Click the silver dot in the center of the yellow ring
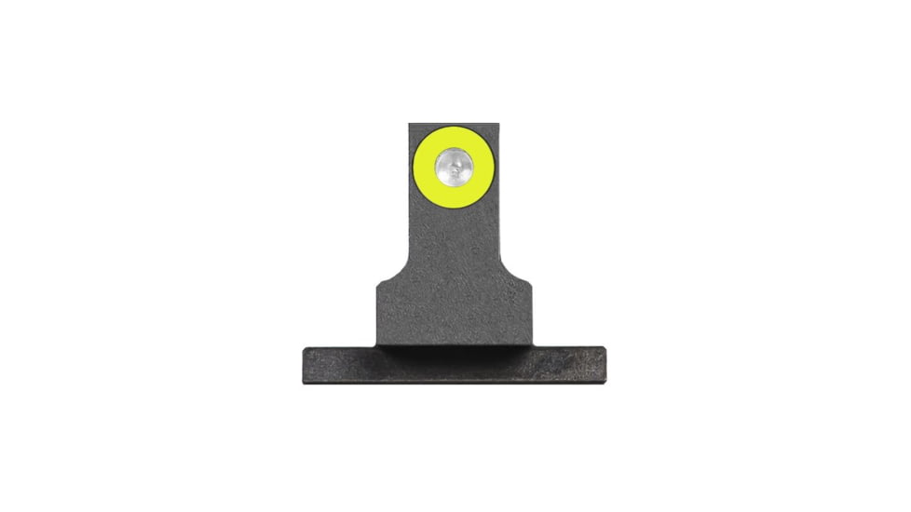[x=454, y=168]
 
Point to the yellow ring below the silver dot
[x=454, y=197]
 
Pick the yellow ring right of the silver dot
[x=483, y=168]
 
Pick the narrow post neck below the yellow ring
[x=454, y=233]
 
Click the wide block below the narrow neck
[x=454, y=307]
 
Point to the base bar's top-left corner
[x=304, y=349]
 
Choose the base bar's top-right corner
[x=605, y=349]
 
